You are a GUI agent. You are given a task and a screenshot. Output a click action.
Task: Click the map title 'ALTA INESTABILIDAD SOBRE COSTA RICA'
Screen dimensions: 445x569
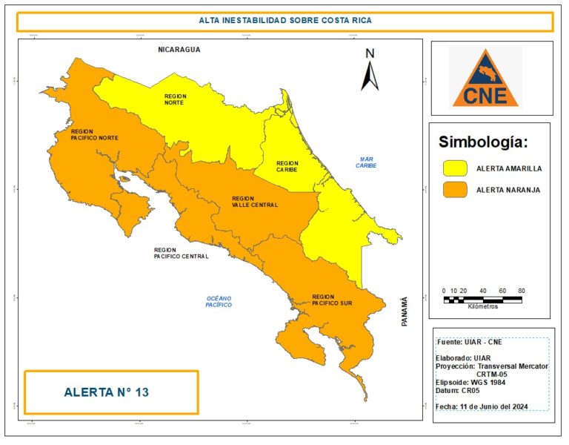pos(284,21)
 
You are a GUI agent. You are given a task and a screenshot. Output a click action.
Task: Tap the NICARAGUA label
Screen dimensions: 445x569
pos(179,50)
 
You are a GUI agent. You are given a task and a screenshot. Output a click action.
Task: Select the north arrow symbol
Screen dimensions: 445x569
pos(370,70)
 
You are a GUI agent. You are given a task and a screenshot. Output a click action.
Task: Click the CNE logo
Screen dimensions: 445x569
pos(486,77)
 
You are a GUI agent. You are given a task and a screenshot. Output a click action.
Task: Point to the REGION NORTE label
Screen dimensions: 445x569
pos(176,99)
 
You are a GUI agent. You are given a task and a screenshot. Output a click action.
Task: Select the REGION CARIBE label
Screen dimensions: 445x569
pos(287,166)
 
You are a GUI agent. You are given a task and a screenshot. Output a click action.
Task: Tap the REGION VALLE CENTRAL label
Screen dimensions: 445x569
pos(254,202)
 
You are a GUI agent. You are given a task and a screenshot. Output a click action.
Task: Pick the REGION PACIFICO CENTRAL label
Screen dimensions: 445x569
pos(181,253)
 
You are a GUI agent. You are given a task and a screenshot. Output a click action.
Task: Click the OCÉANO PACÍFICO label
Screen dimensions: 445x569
pos(219,301)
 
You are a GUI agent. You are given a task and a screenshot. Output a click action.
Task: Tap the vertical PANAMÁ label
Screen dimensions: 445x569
pos(405,311)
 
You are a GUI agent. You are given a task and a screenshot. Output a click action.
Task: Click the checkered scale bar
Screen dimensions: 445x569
pos(483,299)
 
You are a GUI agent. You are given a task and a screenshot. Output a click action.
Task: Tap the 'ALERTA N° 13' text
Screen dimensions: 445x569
pos(107,392)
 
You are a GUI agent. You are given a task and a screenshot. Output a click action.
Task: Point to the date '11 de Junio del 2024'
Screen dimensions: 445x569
pos(510,407)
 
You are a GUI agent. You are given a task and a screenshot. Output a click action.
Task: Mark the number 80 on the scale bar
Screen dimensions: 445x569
pos(521,291)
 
